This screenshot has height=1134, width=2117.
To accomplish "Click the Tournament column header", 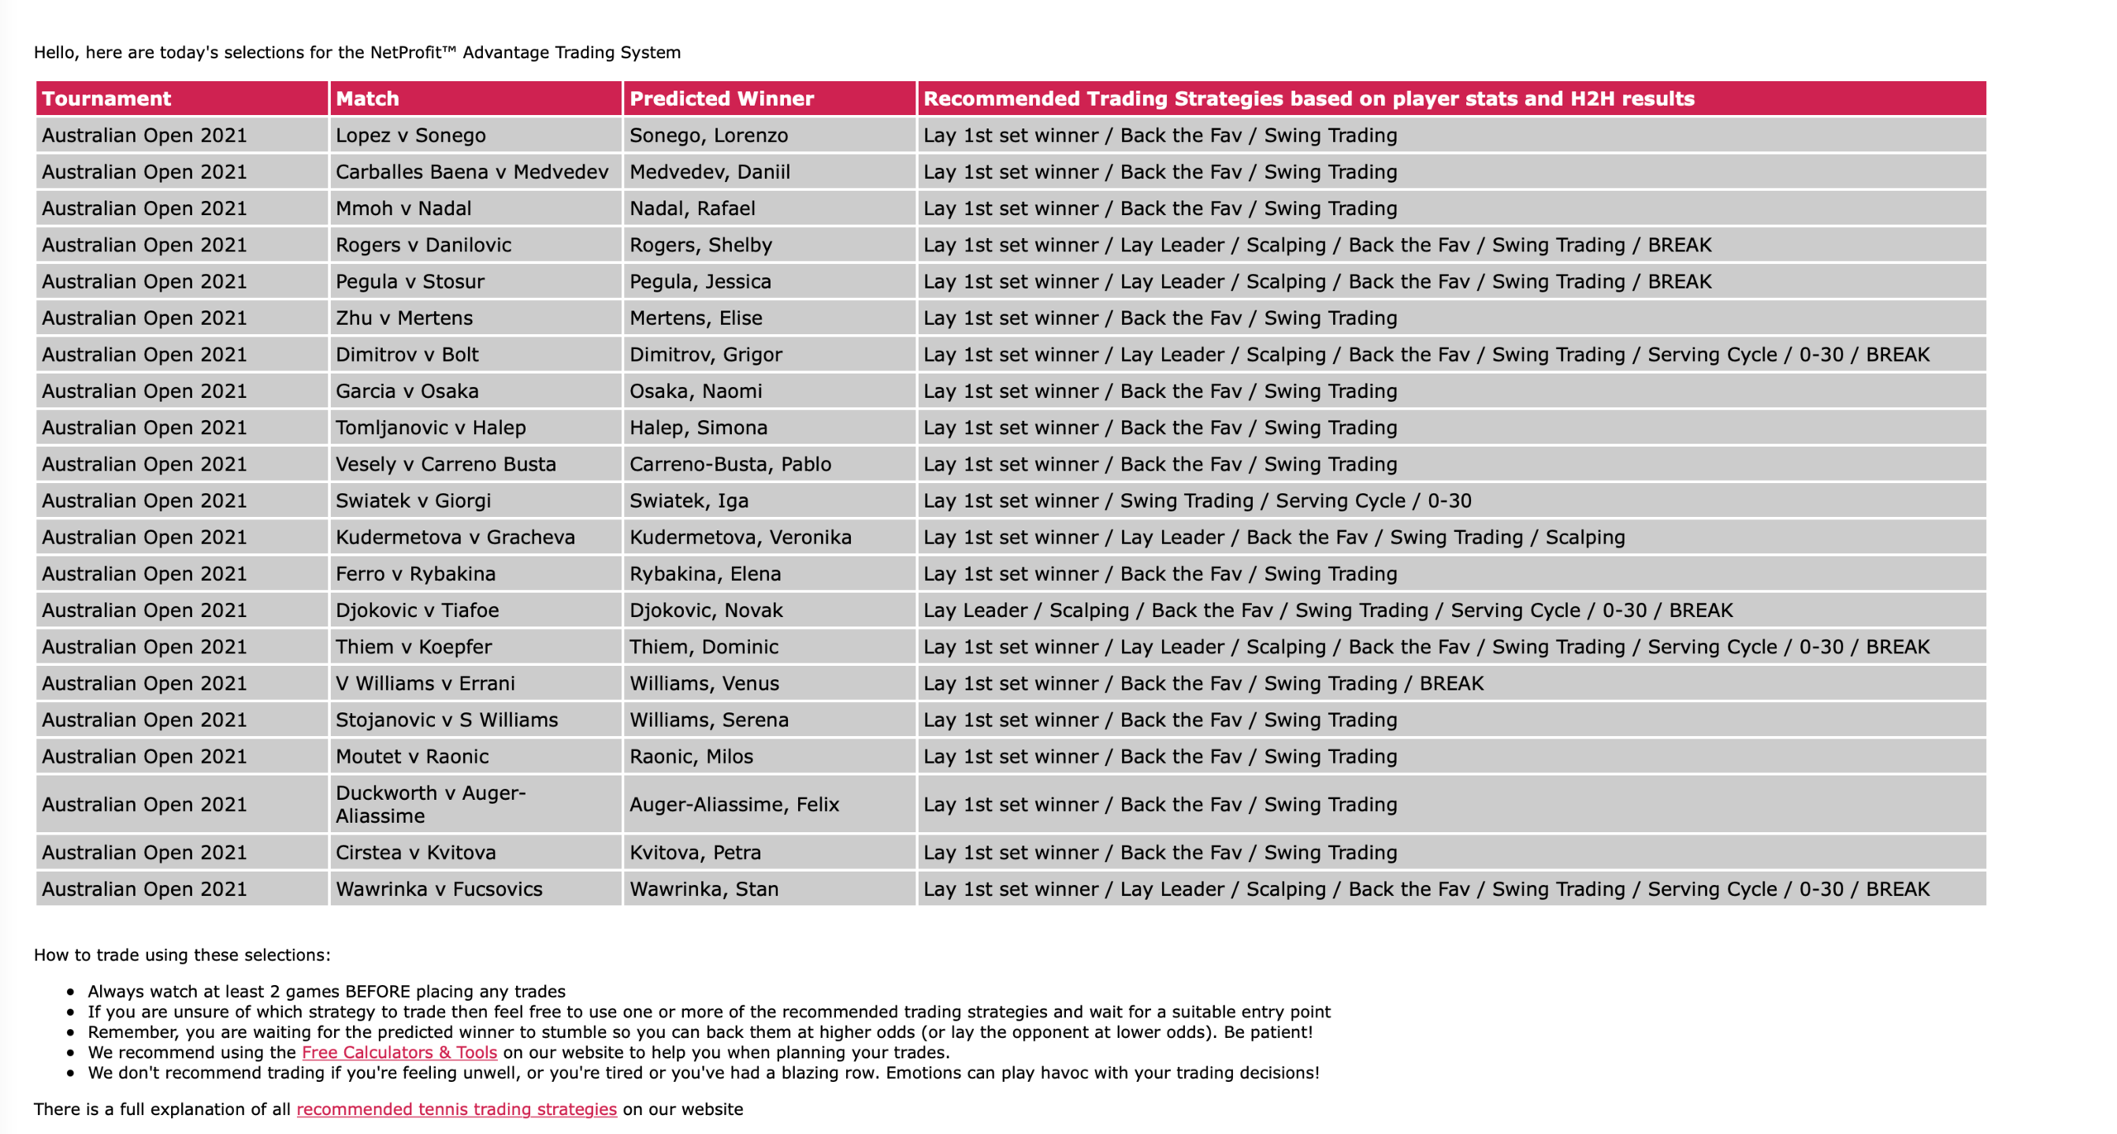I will point(107,98).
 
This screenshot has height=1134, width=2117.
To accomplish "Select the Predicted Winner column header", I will point(721,98).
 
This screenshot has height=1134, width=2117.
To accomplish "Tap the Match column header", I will point(367,98).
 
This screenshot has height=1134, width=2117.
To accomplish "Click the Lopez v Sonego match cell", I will point(410,135).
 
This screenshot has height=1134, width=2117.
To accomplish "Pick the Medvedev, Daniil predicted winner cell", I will point(710,172).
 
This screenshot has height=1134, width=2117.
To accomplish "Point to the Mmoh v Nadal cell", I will point(403,208).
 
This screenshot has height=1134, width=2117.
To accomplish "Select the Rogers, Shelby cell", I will point(700,245).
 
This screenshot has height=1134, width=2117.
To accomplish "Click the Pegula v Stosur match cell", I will point(409,281).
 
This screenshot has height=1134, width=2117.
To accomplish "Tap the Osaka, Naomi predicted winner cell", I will point(695,391).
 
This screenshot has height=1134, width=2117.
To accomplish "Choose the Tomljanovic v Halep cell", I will point(430,428).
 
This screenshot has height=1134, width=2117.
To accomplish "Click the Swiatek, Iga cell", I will point(689,500).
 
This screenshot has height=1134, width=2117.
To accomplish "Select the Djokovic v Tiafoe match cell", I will point(417,610).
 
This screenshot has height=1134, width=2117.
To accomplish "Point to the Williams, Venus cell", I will point(704,683).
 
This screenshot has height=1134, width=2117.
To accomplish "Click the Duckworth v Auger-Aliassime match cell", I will point(430,804).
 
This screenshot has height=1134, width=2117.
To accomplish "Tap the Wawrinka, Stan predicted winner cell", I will point(704,889).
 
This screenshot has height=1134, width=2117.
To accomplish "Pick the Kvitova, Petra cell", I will point(695,853).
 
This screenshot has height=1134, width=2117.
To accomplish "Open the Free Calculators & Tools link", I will point(399,1052).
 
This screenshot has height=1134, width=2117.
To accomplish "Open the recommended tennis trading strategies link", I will point(456,1109).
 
